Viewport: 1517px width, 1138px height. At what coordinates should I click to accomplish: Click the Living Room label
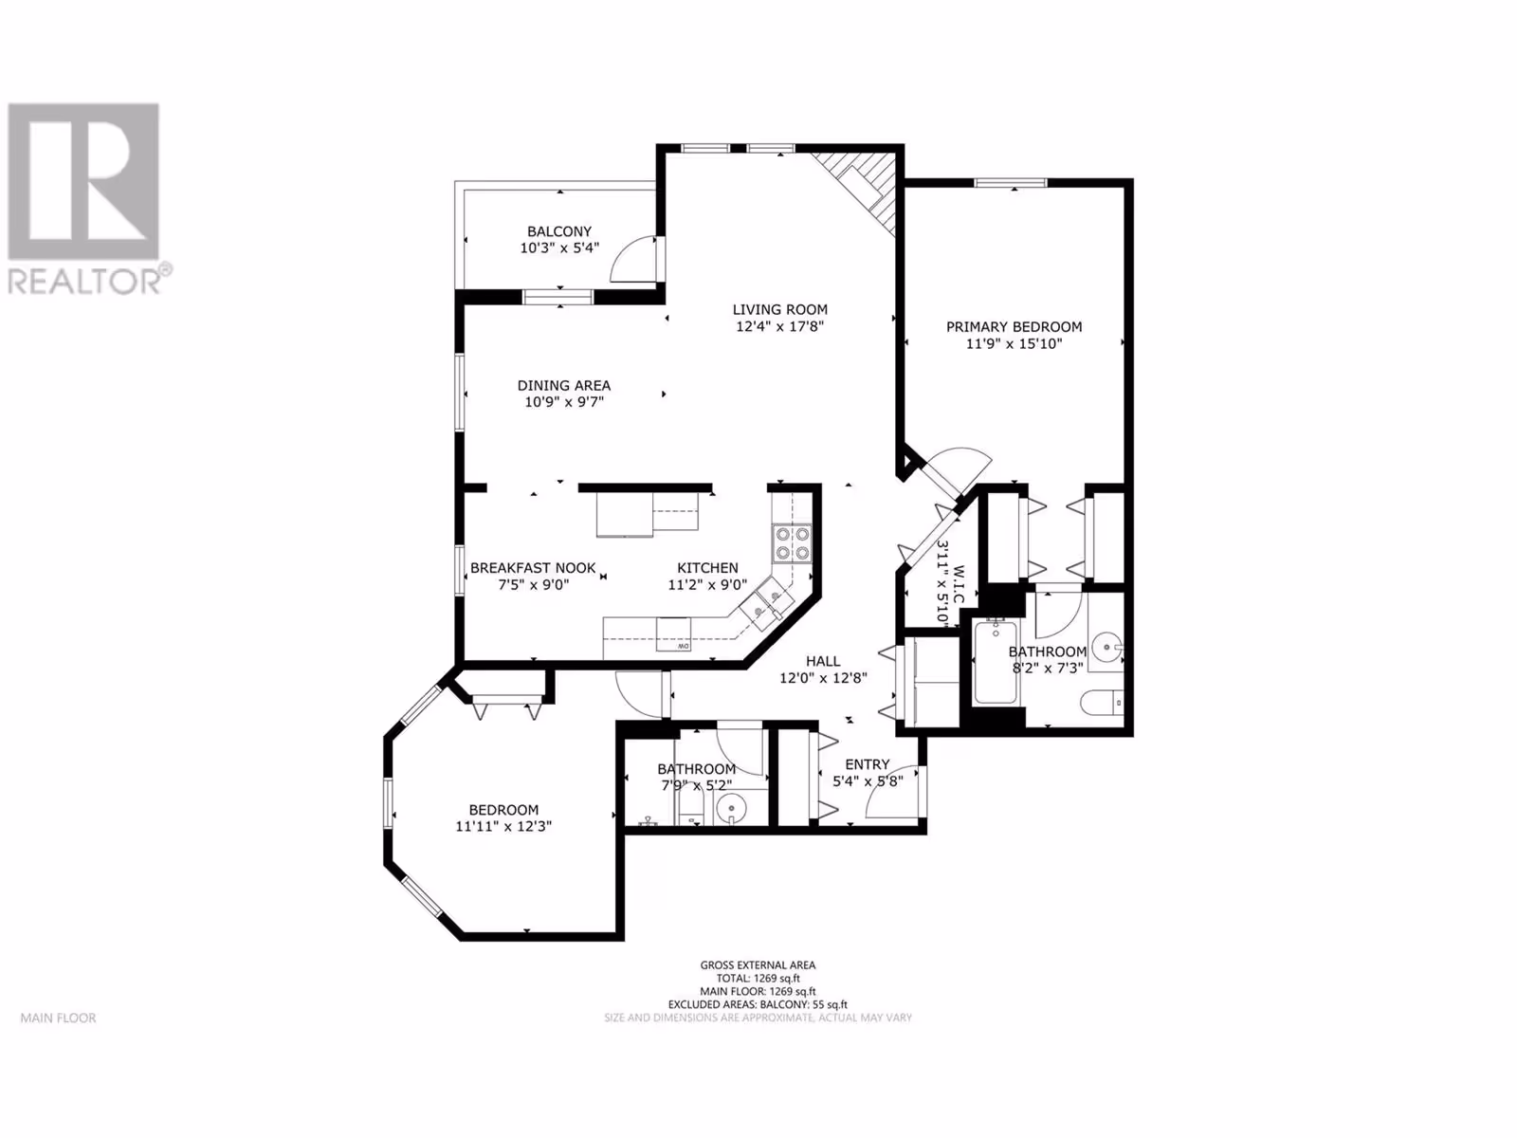(779, 309)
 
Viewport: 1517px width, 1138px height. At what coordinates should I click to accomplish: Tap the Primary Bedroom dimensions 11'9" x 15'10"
(1014, 343)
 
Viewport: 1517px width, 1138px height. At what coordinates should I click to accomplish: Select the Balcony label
(559, 231)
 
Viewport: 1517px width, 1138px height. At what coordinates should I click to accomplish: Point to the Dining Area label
(564, 386)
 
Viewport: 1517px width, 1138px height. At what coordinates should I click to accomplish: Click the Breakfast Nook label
(533, 568)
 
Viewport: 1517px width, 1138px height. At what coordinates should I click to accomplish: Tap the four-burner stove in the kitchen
(792, 543)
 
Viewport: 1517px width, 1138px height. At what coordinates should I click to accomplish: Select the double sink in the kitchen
(766, 602)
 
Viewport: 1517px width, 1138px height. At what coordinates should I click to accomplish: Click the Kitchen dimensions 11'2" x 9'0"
(707, 584)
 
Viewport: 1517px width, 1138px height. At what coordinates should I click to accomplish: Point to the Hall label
(822, 661)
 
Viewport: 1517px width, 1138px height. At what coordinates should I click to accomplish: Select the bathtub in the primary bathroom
(996, 663)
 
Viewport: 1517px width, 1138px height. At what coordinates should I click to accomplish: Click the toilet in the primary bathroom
(1102, 703)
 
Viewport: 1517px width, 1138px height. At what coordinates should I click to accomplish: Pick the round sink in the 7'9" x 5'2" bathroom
(730, 807)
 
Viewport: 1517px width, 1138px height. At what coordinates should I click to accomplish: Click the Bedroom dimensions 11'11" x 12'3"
(503, 826)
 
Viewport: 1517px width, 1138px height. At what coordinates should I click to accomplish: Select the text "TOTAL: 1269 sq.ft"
(758, 979)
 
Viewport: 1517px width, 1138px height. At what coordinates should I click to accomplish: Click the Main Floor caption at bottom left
(58, 1018)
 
